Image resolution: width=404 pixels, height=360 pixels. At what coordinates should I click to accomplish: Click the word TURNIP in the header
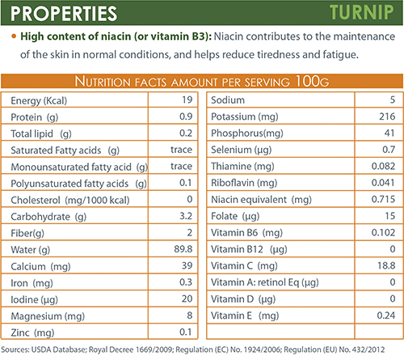(362, 12)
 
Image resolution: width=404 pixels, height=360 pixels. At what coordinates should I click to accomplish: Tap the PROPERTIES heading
(64, 14)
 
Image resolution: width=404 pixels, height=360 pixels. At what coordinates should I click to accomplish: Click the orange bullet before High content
(14, 36)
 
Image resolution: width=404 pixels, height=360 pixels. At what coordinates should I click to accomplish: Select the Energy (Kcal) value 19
(187, 100)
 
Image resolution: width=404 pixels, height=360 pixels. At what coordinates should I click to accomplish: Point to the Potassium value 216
(387, 116)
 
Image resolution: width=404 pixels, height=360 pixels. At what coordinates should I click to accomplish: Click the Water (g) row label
(31, 250)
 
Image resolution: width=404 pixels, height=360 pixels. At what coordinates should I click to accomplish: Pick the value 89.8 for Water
(183, 249)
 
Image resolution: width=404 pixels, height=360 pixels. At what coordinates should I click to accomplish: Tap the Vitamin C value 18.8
(386, 265)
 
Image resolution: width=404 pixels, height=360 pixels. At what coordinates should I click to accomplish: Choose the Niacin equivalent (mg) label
(261, 200)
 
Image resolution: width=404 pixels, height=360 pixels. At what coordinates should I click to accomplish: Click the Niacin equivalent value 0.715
(383, 199)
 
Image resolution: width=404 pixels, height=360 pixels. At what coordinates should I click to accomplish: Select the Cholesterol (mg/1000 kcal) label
(70, 201)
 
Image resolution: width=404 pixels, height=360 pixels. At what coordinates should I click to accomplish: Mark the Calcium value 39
(187, 265)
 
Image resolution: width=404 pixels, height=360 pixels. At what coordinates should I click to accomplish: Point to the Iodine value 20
(187, 299)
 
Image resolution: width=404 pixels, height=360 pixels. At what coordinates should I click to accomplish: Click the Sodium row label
(228, 100)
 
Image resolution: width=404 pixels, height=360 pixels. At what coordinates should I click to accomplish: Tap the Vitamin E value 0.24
(386, 316)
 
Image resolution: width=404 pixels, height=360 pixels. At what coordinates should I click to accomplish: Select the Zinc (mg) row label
(32, 333)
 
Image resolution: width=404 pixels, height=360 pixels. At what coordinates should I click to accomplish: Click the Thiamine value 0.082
(383, 166)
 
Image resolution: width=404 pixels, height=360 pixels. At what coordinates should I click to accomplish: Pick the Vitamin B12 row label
(249, 249)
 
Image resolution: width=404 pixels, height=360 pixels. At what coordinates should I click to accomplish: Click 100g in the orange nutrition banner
(312, 81)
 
